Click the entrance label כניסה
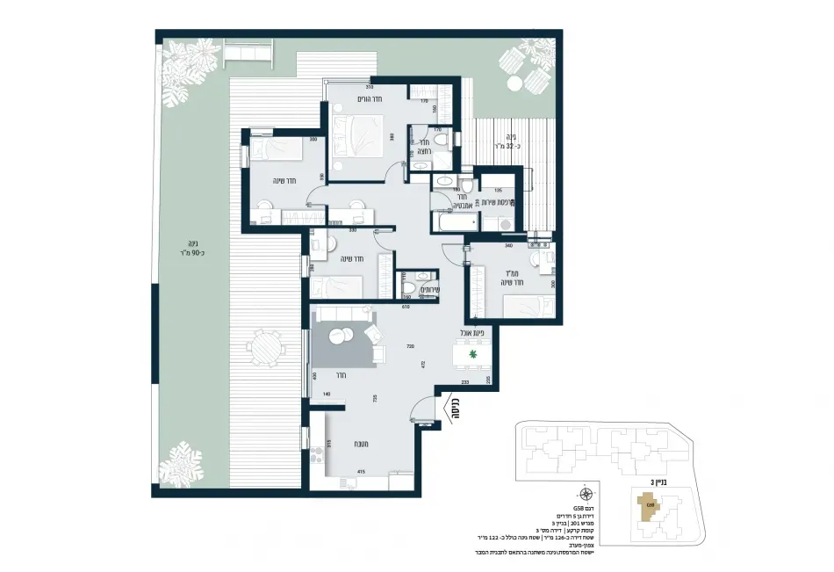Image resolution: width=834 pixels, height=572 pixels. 455,405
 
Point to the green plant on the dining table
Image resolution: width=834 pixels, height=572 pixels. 472,355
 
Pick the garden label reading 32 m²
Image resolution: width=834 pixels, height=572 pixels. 503,141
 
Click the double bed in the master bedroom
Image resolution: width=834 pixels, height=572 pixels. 358,136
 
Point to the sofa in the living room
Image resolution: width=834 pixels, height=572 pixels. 343,314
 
